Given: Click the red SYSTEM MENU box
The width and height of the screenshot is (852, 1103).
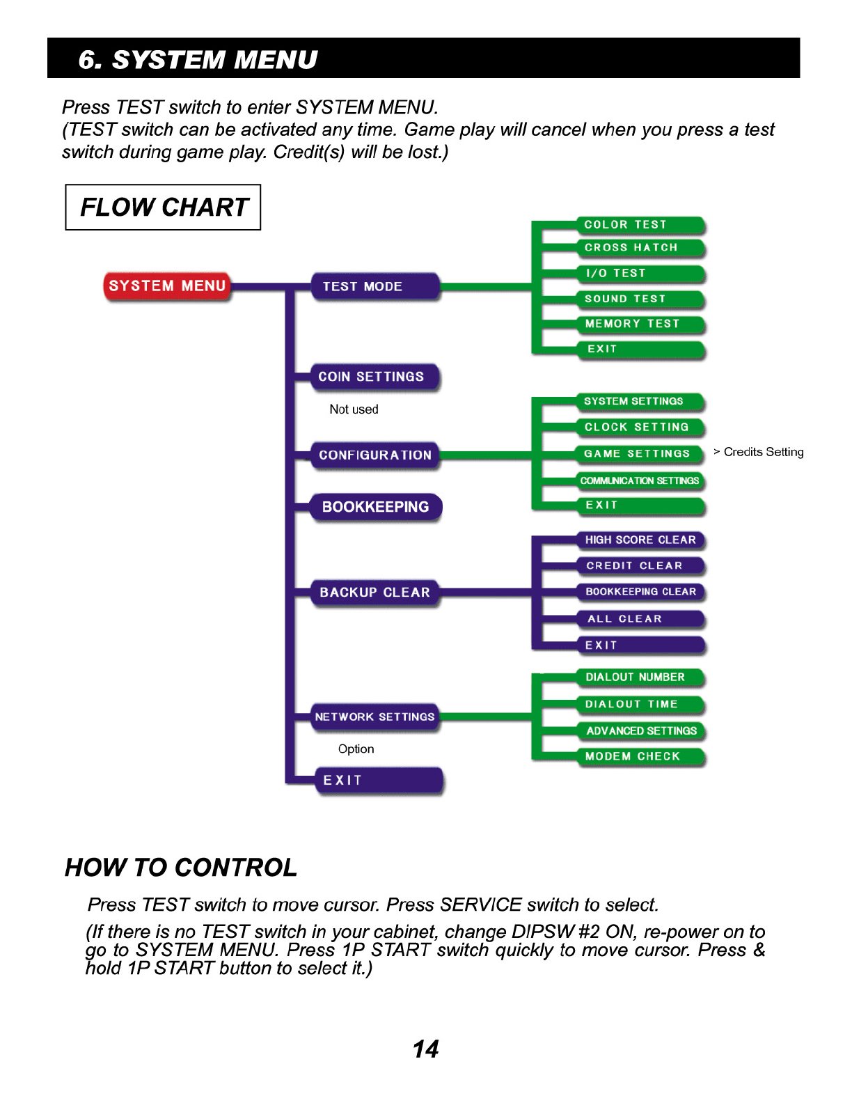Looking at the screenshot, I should pos(167,286).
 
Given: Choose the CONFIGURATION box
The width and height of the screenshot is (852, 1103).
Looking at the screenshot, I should pos(375,455).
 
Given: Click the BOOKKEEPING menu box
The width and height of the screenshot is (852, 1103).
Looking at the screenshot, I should pos(375,507).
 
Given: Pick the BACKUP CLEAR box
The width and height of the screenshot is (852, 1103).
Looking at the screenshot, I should pos(375,593).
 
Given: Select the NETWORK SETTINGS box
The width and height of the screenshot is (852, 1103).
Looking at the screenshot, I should pos(375,717).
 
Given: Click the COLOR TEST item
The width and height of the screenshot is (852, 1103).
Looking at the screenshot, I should pos(640,225).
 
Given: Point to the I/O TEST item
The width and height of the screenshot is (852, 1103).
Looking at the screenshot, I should pos(640,274).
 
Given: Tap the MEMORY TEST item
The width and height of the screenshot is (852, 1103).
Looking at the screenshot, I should pos(640,324).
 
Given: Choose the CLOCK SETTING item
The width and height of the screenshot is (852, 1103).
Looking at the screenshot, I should pos(640,427).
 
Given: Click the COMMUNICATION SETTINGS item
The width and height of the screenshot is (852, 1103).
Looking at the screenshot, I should pos(640,480).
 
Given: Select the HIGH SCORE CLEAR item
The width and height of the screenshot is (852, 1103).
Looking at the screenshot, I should pos(640,540).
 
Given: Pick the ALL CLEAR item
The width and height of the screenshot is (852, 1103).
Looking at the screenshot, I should pos(640,619).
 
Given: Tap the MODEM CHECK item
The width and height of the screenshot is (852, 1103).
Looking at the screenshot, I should pos(640,756).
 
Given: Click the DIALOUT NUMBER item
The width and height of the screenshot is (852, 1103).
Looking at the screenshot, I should pos(640,677).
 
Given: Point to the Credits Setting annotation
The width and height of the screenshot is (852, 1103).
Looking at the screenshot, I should pos(763,452).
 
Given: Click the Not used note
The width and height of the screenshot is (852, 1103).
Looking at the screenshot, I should pos(354,409).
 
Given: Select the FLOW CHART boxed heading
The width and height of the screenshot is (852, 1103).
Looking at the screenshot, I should pos(164,208).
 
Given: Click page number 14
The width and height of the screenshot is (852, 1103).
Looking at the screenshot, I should pos(425,1049).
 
